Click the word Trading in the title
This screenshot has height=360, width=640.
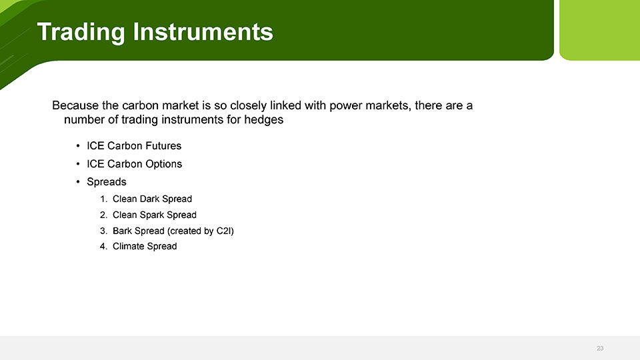click(81, 32)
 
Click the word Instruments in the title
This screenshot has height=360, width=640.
click(203, 31)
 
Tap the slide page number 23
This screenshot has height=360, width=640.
click(600, 348)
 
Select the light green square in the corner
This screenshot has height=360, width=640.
click(599, 30)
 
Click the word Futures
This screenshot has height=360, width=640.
click(163, 146)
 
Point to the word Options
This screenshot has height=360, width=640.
click(163, 164)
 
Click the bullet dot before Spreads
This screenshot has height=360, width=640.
click(78, 181)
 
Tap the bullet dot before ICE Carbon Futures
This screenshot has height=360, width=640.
click(78, 146)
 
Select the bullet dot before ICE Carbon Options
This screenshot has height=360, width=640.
click(78, 164)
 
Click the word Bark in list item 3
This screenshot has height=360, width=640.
click(122, 231)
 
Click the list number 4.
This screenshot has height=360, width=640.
click(103, 246)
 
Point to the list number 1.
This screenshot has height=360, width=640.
click(103, 199)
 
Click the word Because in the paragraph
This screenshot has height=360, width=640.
click(75, 105)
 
